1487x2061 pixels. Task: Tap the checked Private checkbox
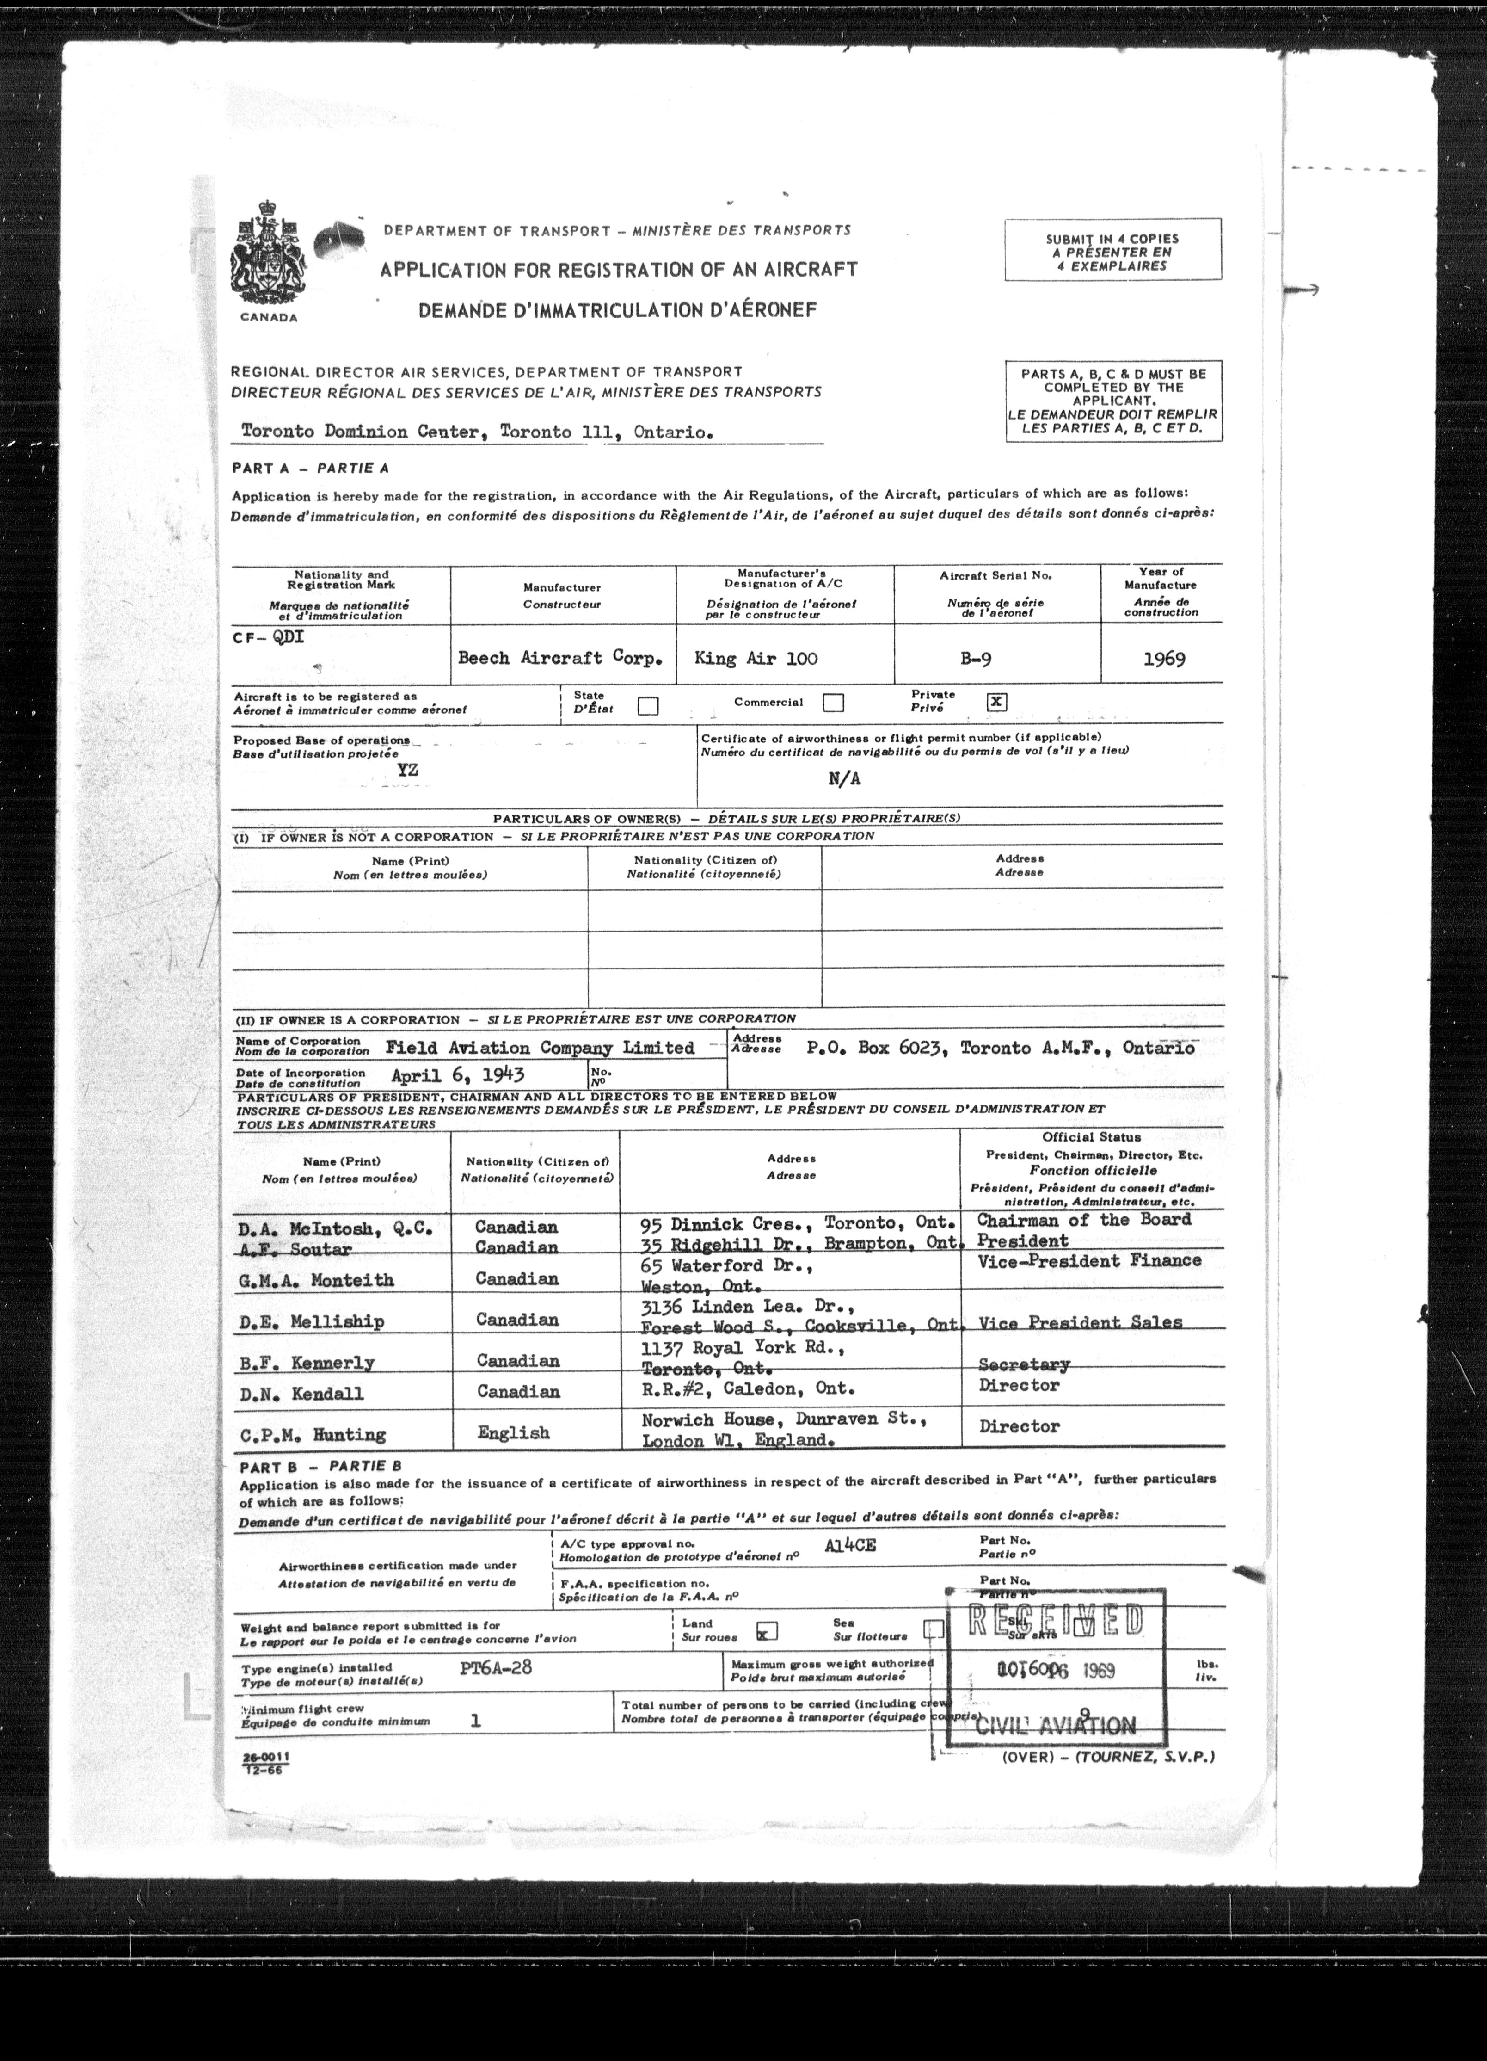coord(996,702)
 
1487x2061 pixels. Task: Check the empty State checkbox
coord(648,706)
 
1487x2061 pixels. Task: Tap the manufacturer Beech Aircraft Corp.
coord(560,658)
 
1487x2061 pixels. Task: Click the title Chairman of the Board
coord(1083,1220)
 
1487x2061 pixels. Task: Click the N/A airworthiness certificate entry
coord(844,779)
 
